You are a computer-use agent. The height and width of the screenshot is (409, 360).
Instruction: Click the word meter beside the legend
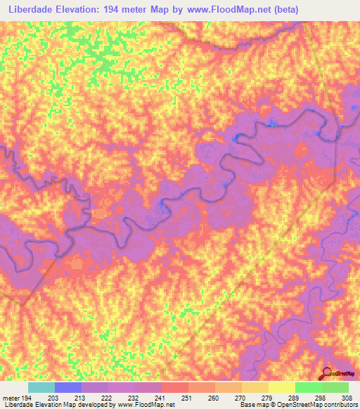(10, 398)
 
